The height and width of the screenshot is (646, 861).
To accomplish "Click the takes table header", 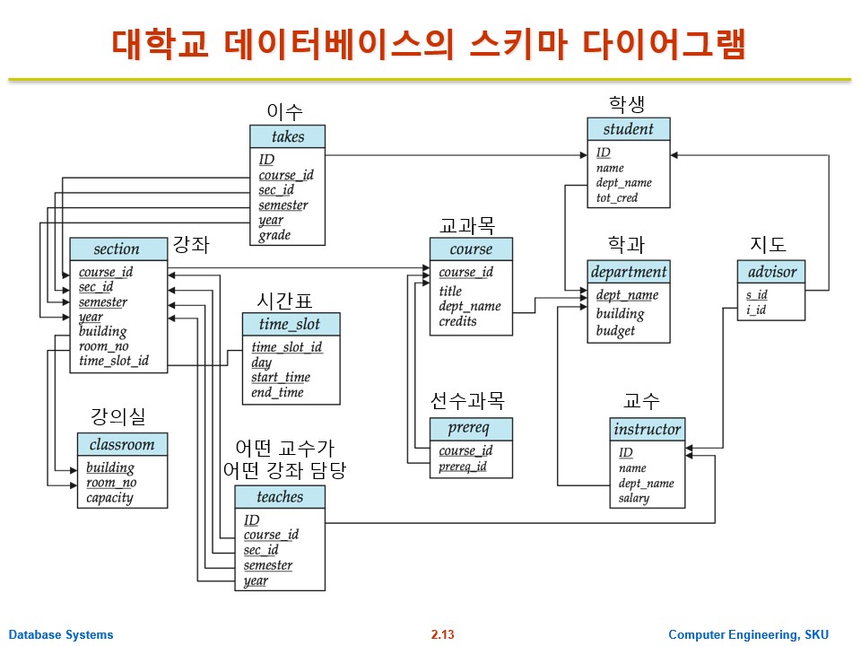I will tap(288, 137).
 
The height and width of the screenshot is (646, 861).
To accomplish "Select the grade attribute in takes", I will tap(274, 235).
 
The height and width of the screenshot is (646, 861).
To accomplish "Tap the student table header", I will tap(628, 129).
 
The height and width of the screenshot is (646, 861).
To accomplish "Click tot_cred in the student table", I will tap(617, 197).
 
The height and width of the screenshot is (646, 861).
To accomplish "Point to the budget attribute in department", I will tap(615, 330).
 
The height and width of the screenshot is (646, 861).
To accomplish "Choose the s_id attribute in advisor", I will tap(756, 294).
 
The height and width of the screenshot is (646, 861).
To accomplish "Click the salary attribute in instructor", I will tap(633, 498).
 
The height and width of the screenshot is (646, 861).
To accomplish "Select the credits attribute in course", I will tap(458, 321).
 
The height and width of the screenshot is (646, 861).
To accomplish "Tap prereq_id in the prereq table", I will tap(463, 466).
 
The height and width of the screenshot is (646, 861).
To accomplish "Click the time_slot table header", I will tap(291, 324).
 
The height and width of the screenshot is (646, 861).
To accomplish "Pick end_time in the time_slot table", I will tap(277, 392).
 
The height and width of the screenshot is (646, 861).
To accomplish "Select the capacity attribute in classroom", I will tap(109, 497).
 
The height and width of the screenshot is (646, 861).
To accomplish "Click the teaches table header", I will tap(280, 497).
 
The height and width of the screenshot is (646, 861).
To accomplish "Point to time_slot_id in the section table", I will tap(114, 361).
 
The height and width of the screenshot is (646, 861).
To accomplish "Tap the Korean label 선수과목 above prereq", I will tap(467, 399).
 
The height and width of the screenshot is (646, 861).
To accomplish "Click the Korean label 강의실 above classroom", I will tap(117, 416).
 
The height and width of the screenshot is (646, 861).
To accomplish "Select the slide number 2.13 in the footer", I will tap(442, 635).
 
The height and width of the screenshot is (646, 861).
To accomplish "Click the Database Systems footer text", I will tap(62, 635).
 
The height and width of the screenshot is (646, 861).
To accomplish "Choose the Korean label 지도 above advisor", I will tap(768, 244).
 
